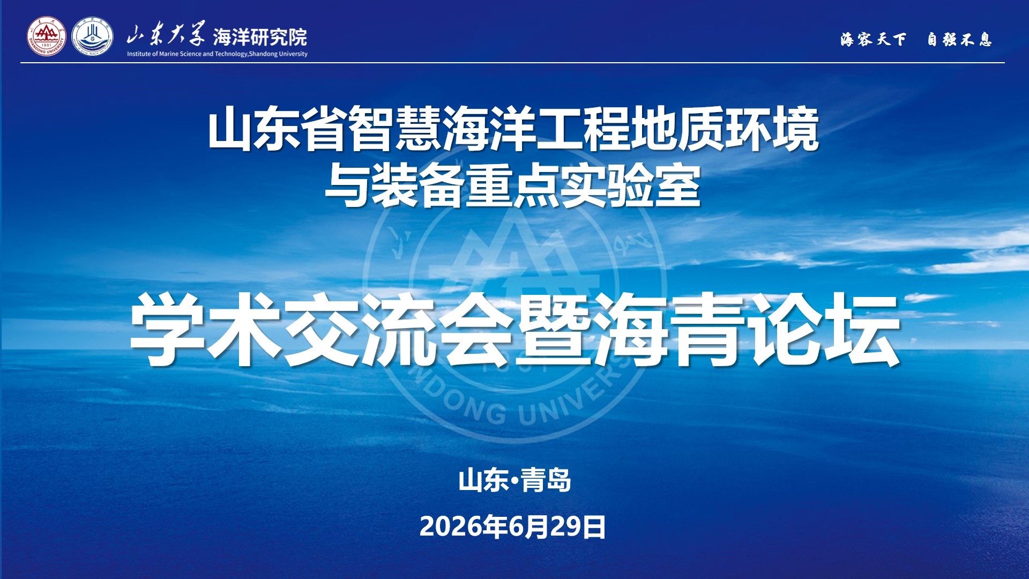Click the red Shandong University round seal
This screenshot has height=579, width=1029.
(47, 36)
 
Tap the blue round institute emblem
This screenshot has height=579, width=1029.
(93, 36)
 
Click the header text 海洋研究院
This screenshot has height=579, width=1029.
(260, 37)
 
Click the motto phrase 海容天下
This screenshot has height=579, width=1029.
(874, 39)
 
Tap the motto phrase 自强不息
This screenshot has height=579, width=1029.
(960, 39)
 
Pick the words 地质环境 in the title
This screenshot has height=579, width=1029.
(725, 129)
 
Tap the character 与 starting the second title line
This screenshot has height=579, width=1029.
(348, 186)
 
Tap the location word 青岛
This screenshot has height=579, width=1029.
(546, 480)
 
